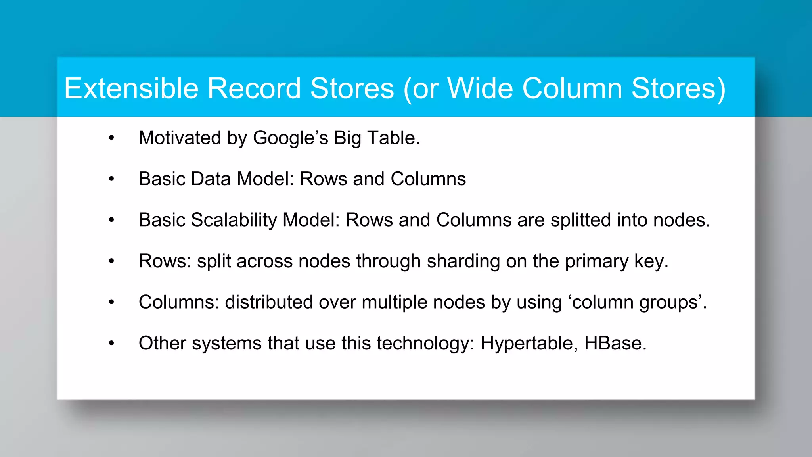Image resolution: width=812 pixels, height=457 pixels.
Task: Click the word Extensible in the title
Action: point(131,88)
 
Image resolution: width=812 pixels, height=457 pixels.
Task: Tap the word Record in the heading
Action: point(254,88)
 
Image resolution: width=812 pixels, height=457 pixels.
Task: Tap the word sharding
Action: point(463,261)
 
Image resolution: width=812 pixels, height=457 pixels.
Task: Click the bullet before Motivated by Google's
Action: point(111,138)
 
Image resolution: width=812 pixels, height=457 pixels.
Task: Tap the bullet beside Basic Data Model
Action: point(111,179)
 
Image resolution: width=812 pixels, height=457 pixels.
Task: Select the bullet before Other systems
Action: point(111,343)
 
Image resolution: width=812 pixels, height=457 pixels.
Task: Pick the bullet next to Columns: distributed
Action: point(111,302)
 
